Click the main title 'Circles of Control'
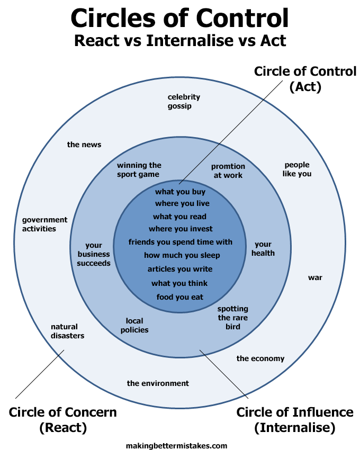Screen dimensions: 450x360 click(x=180, y=18)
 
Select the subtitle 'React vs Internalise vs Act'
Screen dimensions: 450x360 click(x=180, y=40)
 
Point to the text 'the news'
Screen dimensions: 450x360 click(x=84, y=145)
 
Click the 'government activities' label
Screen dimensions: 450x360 click(x=44, y=224)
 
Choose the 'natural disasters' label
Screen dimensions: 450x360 click(x=67, y=331)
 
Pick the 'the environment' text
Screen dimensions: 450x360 click(x=158, y=383)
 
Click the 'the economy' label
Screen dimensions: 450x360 click(x=260, y=358)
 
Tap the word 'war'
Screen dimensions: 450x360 click(x=315, y=277)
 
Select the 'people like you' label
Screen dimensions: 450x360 click(x=297, y=169)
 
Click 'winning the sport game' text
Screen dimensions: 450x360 click(x=139, y=170)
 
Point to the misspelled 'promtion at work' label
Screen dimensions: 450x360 click(x=228, y=171)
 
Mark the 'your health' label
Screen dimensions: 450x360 click(x=263, y=249)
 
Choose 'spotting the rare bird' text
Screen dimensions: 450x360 click(x=233, y=318)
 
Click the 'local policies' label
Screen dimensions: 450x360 click(x=134, y=325)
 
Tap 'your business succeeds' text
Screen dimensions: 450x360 click(x=94, y=254)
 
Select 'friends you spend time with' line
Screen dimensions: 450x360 click(x=181, y=242)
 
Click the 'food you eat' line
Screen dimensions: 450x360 click(x=180, y=297)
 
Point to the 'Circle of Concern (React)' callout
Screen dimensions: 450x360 click(x=62, y=419)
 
